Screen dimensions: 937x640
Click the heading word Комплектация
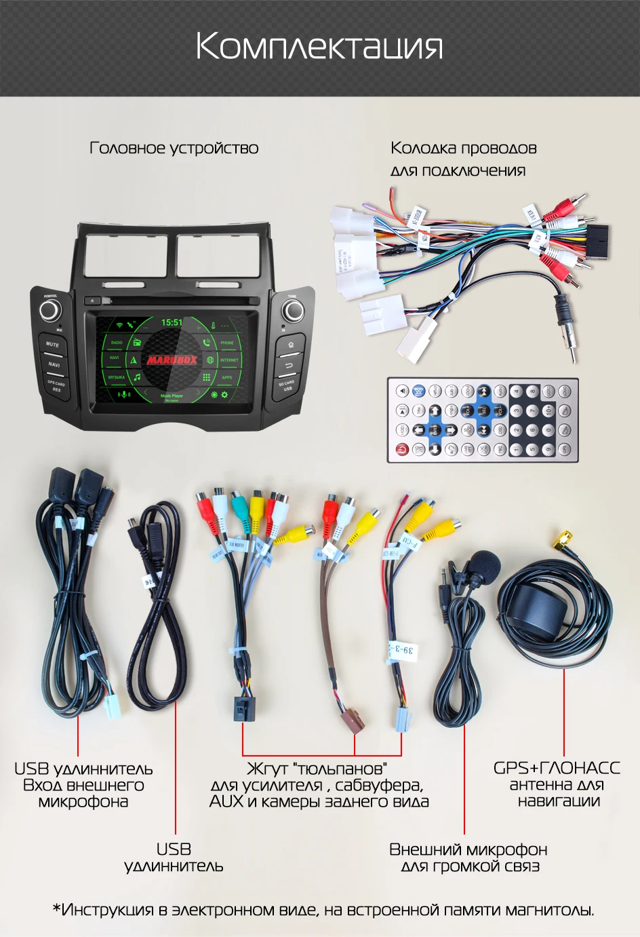point(319,47)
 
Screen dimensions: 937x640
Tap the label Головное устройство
point(174,148)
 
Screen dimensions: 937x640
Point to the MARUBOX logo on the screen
point(172,360)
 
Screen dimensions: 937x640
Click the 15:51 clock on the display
point(172,322)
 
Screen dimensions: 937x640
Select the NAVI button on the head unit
point(54,364)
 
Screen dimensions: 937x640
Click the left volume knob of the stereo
point(49,311)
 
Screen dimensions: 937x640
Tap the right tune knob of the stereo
point(293,311)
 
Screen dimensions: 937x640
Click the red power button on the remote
point(402,449)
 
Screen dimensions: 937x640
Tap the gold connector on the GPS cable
point(562,540)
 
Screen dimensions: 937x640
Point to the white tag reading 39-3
point(402,651)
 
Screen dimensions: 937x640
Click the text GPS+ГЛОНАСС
point(556,767)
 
